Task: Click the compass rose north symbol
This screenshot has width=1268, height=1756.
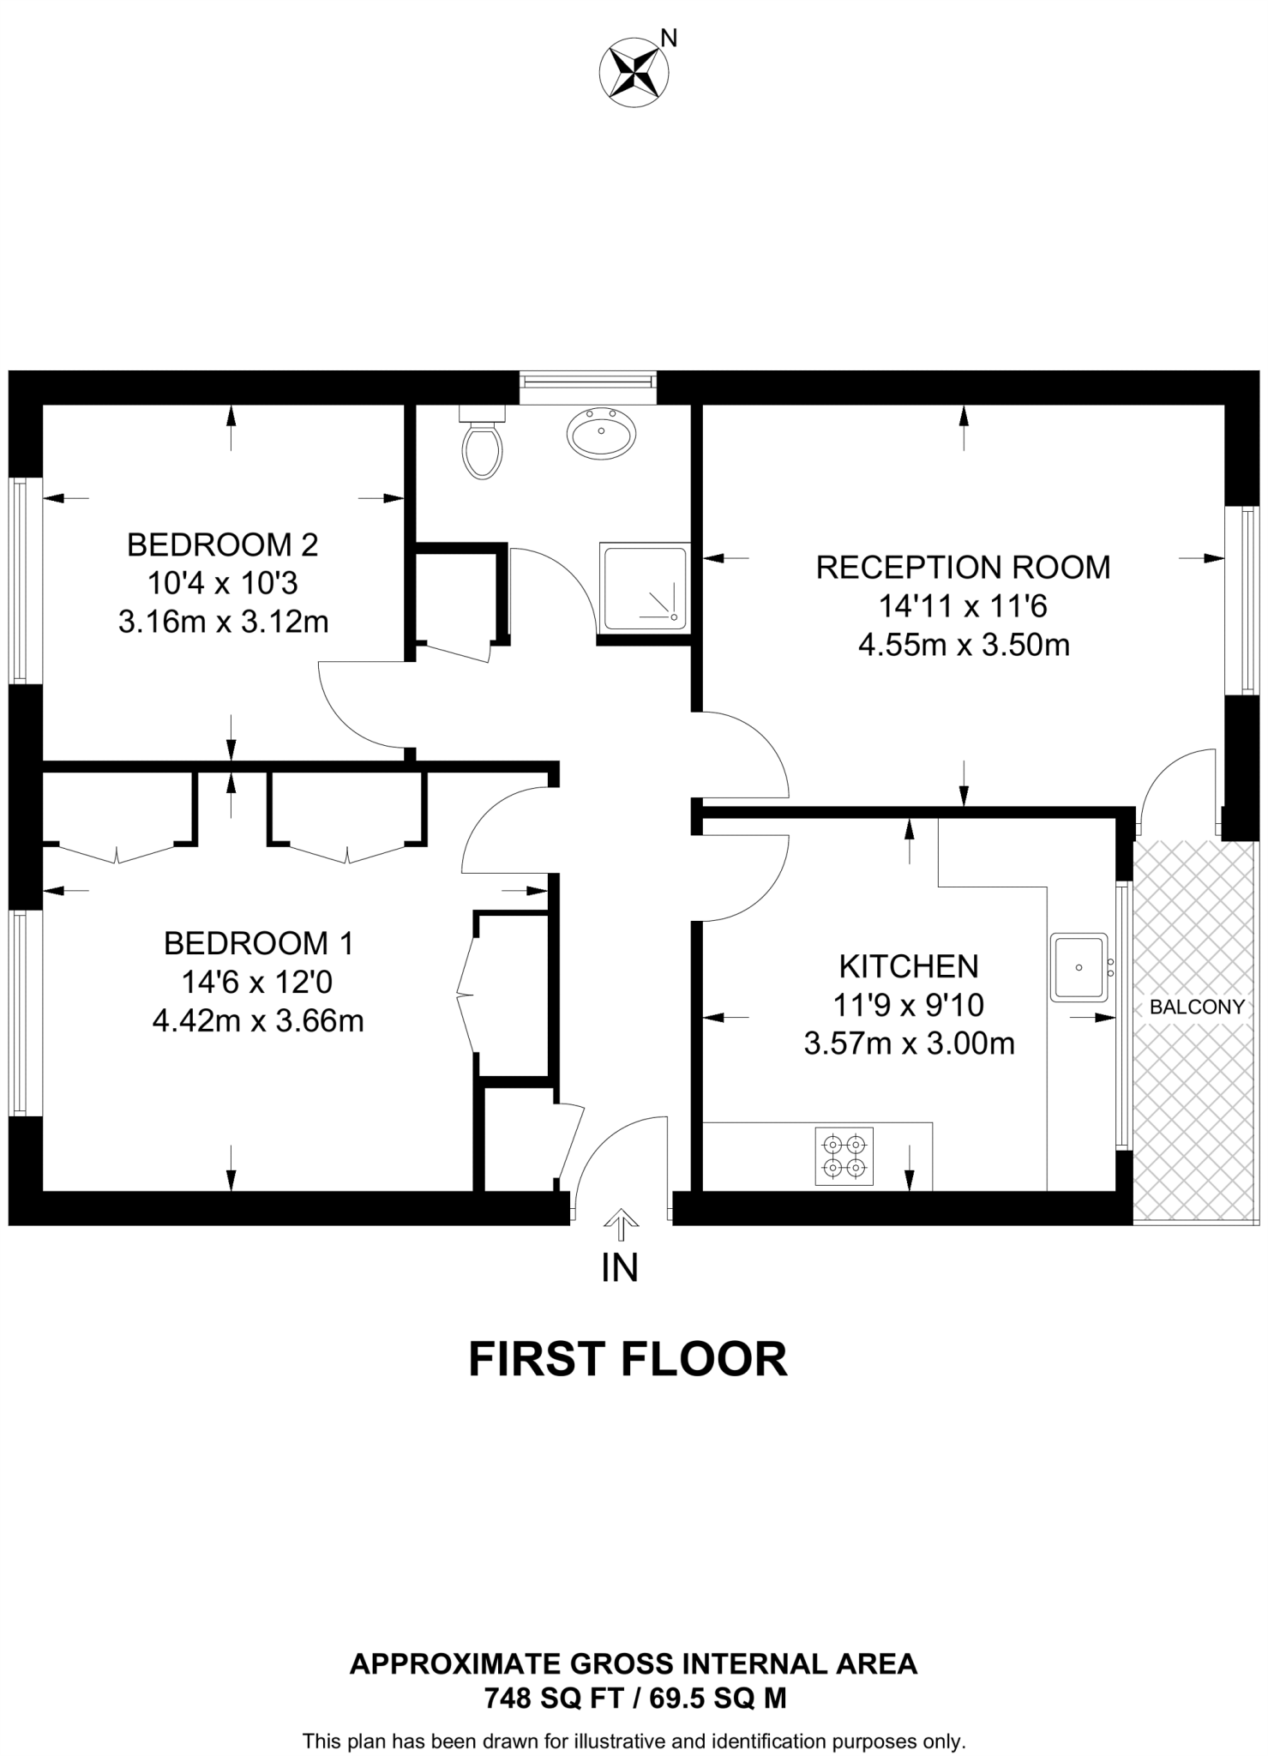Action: pos(634,72)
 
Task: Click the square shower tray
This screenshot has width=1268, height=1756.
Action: pos(645,586)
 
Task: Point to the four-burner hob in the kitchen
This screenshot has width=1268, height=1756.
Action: pos(844,1156)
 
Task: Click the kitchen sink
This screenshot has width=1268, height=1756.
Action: pos(1079,966)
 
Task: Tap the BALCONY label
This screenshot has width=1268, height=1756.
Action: pos(1196,1007)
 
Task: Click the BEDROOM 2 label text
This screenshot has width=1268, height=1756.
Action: pos(222,544)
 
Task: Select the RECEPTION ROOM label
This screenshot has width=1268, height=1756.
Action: pos(963,567)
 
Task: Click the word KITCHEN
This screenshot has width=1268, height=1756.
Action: pos(908,966)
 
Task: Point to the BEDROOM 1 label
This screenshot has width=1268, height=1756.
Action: pos(258,943)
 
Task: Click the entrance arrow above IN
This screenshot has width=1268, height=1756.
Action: pos(620,1224)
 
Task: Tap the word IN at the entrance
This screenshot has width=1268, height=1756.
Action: pos(620,1268)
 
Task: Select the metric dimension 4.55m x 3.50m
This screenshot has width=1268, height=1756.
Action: pos(964,645)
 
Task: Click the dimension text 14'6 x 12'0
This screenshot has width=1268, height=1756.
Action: pos(258,982)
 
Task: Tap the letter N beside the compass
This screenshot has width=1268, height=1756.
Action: pos(670,38)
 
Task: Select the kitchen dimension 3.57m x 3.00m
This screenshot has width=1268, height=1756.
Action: pos(909,1043)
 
